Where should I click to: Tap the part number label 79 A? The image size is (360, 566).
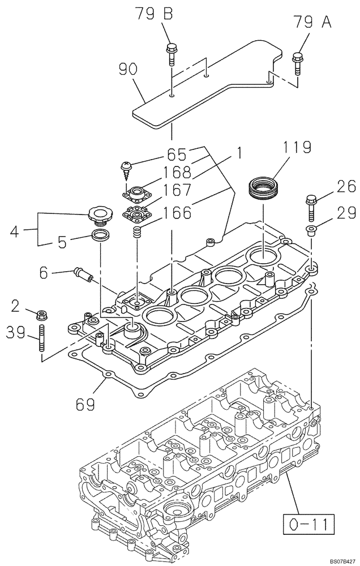tap(310, 22)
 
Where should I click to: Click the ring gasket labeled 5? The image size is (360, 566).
tap(101, 235)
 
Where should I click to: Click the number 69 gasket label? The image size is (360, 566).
tap(86, 405)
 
